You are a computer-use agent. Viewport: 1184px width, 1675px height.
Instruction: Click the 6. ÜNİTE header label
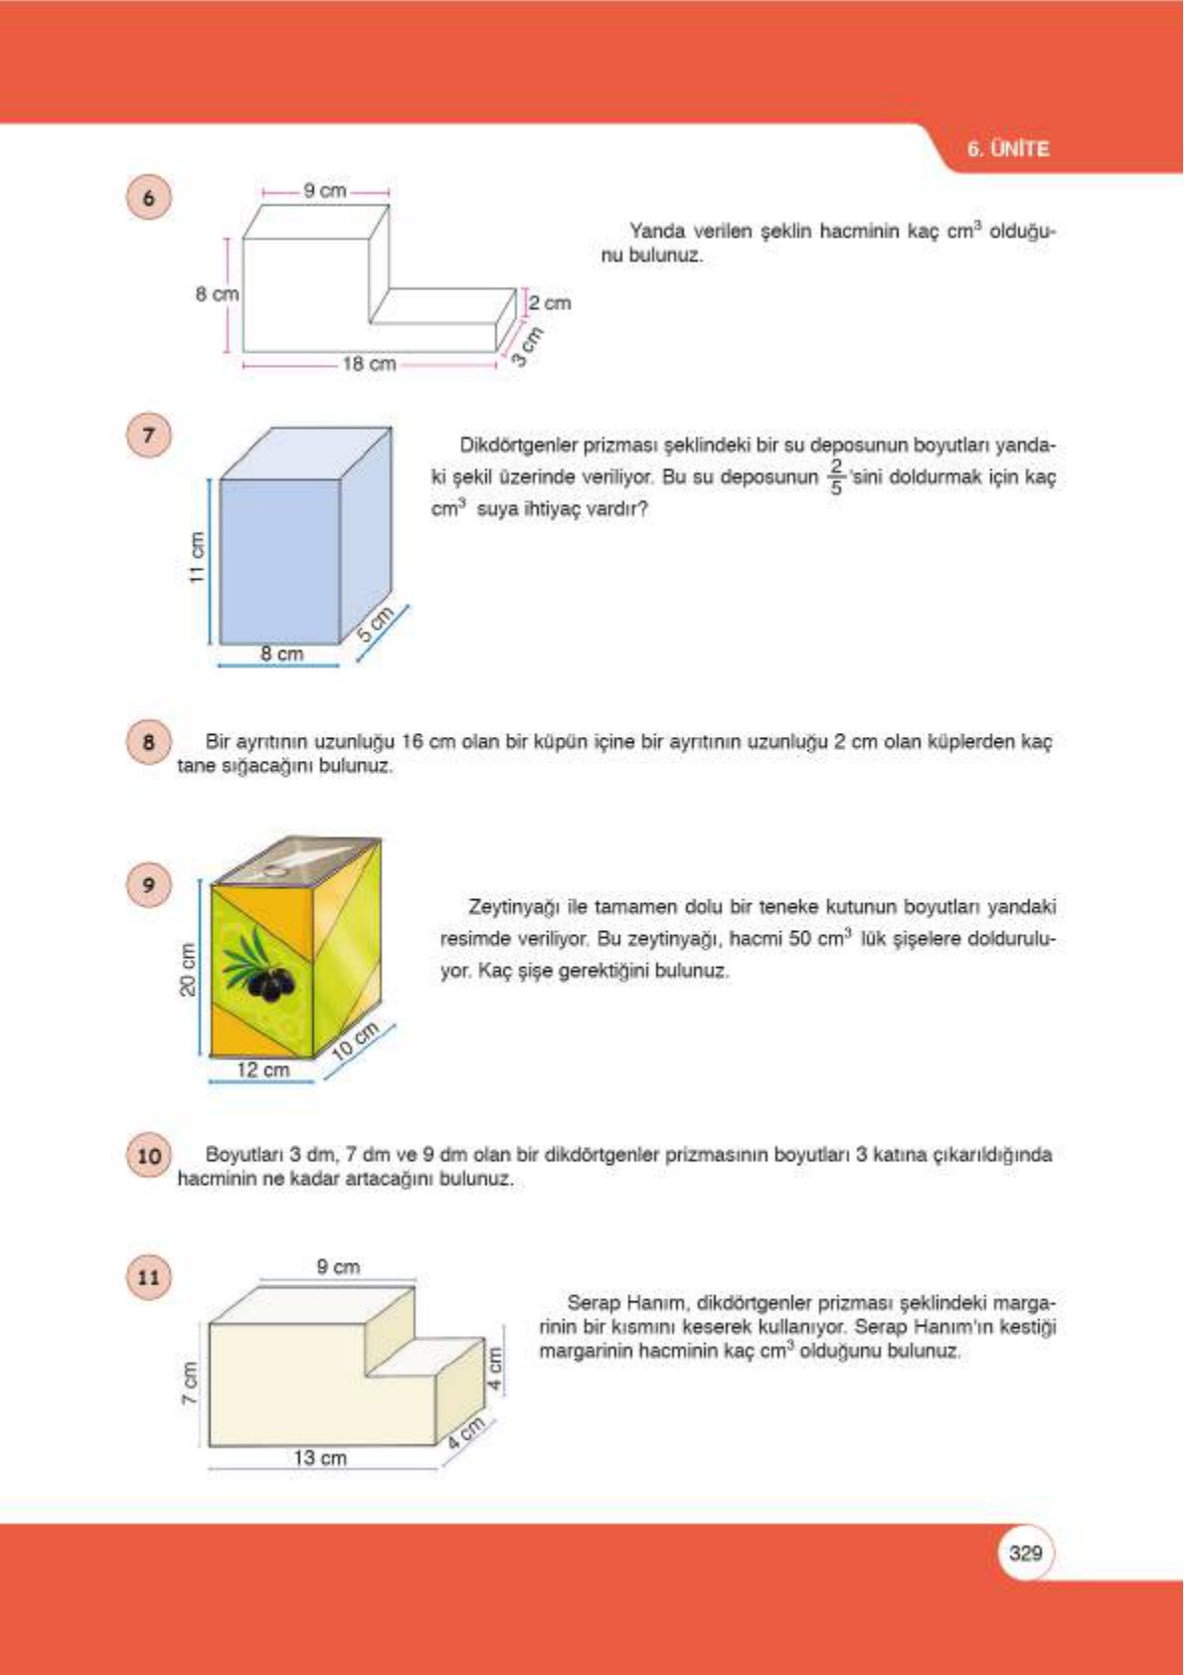1007,149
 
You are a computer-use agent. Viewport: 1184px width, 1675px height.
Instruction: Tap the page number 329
1024,1553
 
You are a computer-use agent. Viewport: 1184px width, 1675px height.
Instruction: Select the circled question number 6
149,197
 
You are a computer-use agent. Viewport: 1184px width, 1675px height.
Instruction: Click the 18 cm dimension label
369,364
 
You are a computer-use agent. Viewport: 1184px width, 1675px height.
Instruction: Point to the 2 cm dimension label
550,302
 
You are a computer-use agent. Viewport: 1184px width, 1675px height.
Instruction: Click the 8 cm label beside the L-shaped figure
216,294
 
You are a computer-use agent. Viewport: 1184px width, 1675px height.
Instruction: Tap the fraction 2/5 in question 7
835,476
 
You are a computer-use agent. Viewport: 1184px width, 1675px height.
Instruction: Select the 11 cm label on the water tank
197,558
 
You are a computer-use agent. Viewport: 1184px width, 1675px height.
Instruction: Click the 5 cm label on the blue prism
376,623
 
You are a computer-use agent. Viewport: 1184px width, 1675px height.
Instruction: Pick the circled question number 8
149,742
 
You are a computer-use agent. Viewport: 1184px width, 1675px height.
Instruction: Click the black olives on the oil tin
270,983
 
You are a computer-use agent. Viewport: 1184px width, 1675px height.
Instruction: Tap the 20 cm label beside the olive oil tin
188,969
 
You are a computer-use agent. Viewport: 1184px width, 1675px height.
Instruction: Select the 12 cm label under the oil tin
262,1070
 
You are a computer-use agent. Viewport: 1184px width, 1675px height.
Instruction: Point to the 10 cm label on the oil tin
355,1040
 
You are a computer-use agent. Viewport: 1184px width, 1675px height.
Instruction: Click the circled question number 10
149,1156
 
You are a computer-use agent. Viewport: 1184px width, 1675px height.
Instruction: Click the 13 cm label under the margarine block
320,1458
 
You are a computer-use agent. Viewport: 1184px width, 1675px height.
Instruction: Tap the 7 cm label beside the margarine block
189,1384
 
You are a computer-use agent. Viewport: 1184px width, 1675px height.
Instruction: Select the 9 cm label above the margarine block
338,1267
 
